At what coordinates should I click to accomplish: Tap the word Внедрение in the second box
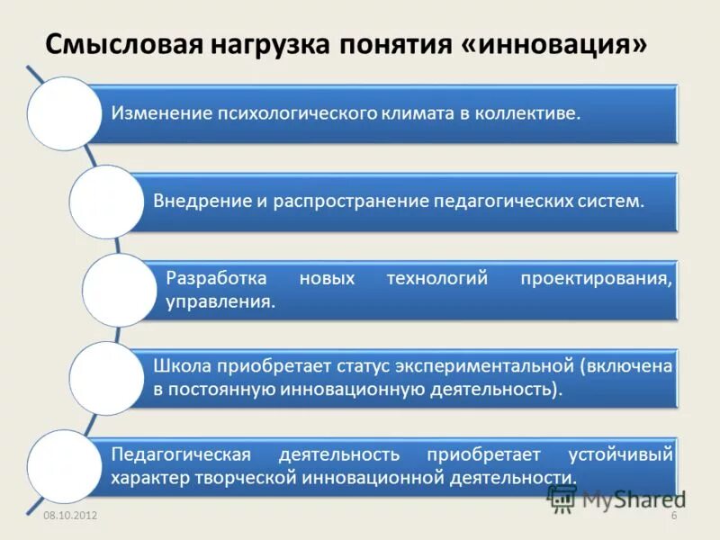pos(198,201)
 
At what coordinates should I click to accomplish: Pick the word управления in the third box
pos(220,302)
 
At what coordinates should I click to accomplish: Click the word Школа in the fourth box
pos(182,366)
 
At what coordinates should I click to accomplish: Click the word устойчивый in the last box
pos(620,454)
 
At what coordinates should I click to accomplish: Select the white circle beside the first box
pos(64,113)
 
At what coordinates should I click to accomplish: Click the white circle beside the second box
pos(106,201)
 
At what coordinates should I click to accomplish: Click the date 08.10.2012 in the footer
pos(70,515)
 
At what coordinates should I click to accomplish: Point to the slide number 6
pos(673,515)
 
